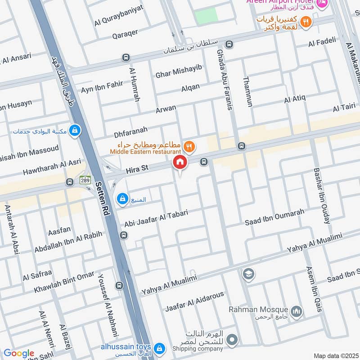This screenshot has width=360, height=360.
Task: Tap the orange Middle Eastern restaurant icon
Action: click(x=189, y=146)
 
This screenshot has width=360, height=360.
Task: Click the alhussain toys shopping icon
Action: click(x=159, y=348)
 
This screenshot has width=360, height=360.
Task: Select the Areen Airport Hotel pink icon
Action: click(x=322, y=4)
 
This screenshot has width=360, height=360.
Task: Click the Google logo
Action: click(x=19, y=353)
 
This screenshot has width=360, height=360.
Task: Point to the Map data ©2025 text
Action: click(x=335, y=355)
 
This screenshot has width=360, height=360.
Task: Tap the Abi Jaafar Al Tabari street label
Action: click(x=157, y=219)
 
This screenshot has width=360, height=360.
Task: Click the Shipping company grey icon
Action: click(x=232, y=339)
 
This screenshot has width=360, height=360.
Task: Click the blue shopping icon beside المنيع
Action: click(x=122, y=199)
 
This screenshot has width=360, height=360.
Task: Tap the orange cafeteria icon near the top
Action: click(x=306, y=22)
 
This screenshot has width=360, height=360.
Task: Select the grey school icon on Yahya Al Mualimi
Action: click(x=248, y=273)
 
